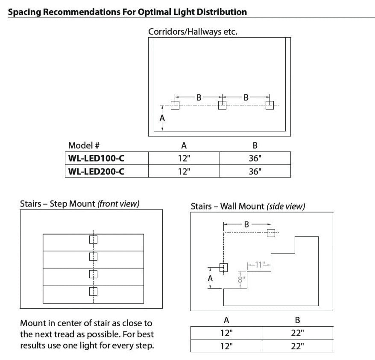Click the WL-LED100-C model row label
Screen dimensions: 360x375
click(96, 158)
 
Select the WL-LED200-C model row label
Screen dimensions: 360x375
click(96, 171)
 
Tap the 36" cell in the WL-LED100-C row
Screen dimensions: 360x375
click(255, 158)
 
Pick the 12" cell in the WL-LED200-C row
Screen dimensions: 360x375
click(184, 171)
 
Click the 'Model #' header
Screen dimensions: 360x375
click(84, 145)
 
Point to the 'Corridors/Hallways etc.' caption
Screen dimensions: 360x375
click(192, 32)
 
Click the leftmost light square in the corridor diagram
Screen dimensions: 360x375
click(175, 105)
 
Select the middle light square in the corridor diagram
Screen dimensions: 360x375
click(222, 105)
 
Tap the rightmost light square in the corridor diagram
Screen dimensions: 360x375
click(269, 105)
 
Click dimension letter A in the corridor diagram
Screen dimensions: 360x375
click(162, 118)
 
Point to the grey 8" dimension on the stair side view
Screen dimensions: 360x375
click(241, 280)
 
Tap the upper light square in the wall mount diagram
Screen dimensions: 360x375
click(270, 233)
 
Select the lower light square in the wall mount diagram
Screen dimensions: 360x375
click(223, 267)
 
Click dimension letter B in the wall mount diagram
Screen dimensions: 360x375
click(246, 224)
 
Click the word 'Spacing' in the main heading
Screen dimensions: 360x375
click(26, 12)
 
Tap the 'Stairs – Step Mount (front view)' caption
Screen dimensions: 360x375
click(80, 204)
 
